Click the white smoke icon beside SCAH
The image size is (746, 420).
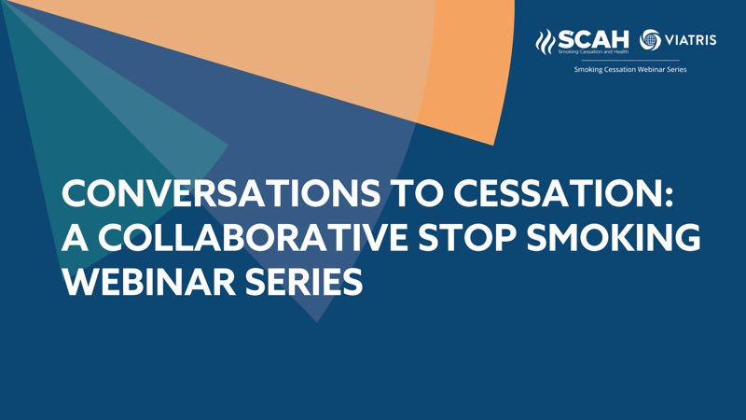point(546,42)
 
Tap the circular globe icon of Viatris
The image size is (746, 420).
point(652,40)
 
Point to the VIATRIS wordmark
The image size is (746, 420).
point(691,41)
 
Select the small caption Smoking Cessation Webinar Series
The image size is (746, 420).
point(630,70)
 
